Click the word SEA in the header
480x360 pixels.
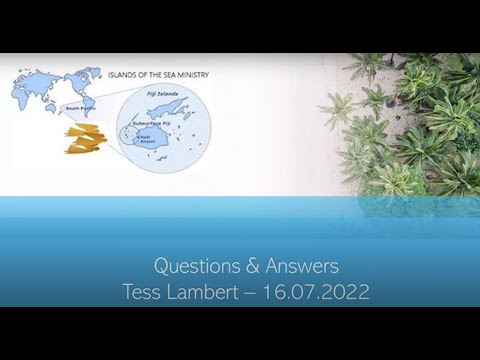[170, 74]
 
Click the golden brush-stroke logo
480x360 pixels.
[85, 138]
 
